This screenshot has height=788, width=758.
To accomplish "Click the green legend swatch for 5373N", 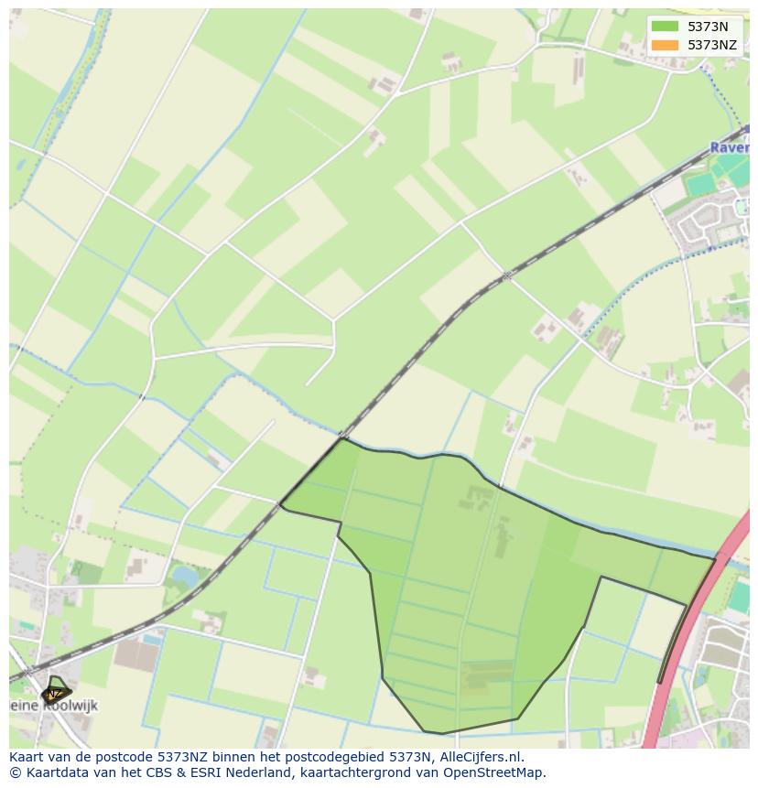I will [665, 27].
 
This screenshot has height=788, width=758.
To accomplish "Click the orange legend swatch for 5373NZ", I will [665, 44].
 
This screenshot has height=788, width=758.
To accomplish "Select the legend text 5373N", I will [708, 27].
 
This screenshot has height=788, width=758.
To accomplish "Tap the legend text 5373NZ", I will [712, 44].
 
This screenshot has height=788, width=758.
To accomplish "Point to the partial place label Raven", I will [730, 147].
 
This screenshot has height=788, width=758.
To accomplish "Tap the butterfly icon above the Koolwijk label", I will [55, 689].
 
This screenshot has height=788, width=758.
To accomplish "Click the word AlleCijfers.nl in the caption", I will [479, 757].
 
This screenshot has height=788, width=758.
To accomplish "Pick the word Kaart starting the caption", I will [28, 757].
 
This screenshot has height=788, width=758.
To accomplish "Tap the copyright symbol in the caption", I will [15, 772].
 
